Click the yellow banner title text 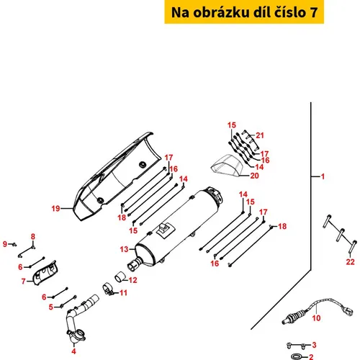coord(244,12)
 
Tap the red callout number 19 coord(55,208)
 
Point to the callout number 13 coord(124,249)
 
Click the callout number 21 coord(260,135)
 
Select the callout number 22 coord(350,261)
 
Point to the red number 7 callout coord(23,281)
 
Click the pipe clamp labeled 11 coord(108,289)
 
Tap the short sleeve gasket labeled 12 coord(120,277)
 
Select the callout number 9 coord(5,244)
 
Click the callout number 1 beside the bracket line coord(323,176)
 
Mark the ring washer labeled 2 coord(297,356)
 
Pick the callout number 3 coord(314,345)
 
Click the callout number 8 coord(33,236)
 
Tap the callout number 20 coord(254,176)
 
